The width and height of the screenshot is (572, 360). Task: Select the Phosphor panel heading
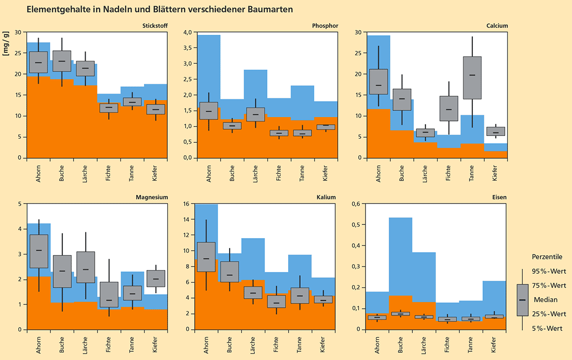(325, 26)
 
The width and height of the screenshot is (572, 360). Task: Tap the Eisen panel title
(499, 197)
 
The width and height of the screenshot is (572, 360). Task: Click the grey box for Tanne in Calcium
(472, 77)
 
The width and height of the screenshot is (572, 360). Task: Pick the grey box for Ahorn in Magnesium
(39, 251)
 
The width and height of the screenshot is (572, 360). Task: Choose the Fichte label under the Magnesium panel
(108, 344)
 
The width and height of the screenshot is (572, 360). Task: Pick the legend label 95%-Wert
(549, 271)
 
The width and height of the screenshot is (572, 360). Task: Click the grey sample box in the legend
(522, 300)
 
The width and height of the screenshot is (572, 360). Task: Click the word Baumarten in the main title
(270, 9)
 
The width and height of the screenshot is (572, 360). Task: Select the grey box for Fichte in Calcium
(449, 108)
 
